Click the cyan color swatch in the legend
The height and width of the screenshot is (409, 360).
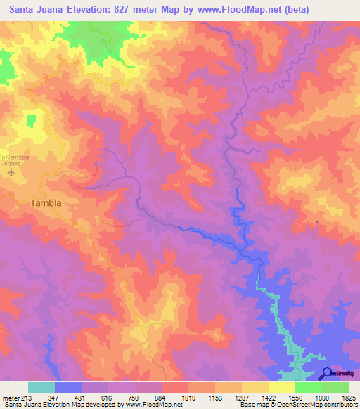41,387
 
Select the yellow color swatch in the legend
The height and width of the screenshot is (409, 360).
281,387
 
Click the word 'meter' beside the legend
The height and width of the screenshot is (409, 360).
11,397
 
